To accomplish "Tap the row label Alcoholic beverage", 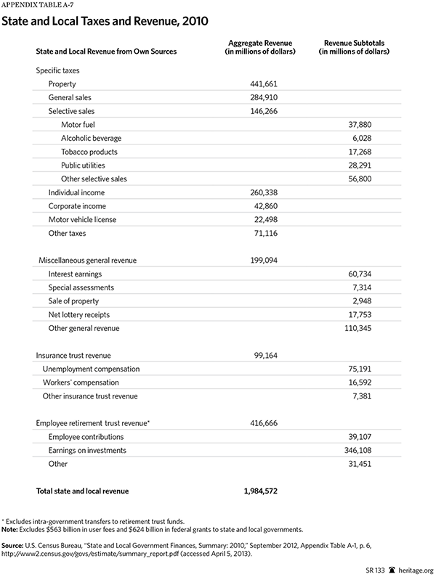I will pos(91,138).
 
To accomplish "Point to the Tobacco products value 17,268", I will pos(370,152).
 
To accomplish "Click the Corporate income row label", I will pos(78,206).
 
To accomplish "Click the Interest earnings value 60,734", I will pos(370,274).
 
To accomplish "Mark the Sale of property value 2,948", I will pos(372,301).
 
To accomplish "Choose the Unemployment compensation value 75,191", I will pos(370,369).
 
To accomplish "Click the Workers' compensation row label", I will pos(81,382).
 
